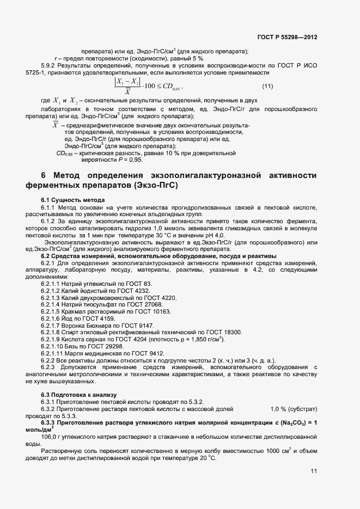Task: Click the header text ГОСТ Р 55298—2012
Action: (287, 38)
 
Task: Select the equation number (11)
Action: (267, 86)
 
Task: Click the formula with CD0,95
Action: (148, 86)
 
